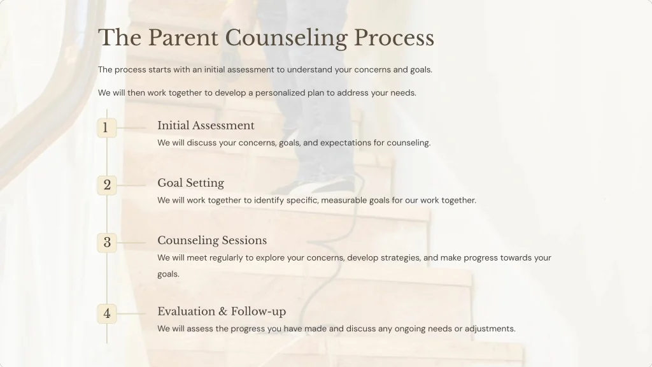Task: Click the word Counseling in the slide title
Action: [x=286, y=38]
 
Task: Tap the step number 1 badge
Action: [x=106, y=128]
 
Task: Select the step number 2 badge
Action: [x=107, y=185]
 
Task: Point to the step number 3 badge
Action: [x=107, y=243]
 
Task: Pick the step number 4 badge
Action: [x=107, y=313]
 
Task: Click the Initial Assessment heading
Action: [x=206, y=126]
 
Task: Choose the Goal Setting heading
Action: [x=190, y=183]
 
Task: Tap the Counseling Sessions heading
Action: [x=212, y=240]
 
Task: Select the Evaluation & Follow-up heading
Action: [x=222, y=311]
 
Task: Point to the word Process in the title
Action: [x=394, y=38]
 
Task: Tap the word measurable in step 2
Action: [x=344, y=200]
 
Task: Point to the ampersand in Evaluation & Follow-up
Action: [x=223, y=312]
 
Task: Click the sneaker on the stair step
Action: [x=318, y=187]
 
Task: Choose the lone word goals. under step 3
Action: [x=169, y=275]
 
